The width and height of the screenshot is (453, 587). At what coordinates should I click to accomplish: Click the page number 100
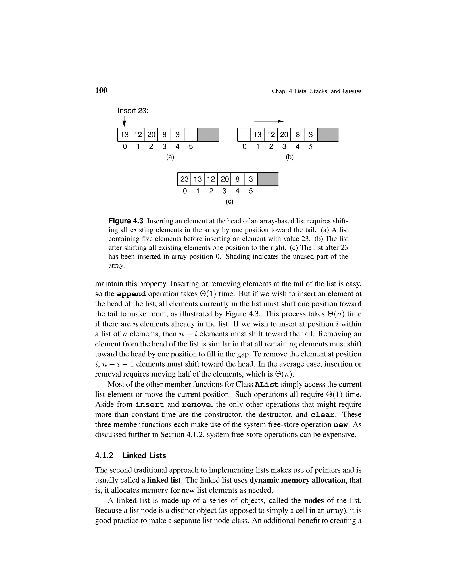tap(101, 91)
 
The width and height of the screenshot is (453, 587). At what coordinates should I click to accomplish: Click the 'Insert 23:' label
tap(133, 111)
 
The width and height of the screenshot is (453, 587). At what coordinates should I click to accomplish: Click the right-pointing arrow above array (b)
tap(269, 121)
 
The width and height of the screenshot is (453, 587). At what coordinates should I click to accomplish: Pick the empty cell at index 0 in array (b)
tap(244, 135)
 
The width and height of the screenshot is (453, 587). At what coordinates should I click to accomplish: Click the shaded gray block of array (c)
tap(268, 179)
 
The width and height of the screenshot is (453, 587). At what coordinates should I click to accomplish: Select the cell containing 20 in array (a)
tap(151, 135)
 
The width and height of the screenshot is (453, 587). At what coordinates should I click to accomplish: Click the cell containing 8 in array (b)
tap(297, 135)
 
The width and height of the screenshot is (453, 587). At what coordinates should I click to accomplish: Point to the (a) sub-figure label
tap(170, 157)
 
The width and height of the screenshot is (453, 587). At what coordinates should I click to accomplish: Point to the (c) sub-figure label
tap(229, 202)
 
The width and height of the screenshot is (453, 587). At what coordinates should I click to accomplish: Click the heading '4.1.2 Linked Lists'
tap(131, 455)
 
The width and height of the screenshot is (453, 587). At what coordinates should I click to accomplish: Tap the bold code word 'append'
tap(132, 294)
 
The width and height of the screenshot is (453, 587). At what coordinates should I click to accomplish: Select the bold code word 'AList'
tap(267, 385)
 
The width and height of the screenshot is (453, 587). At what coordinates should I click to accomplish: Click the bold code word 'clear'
tap(322, 415)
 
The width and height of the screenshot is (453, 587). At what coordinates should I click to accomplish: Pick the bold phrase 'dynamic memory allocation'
tap(297, 480)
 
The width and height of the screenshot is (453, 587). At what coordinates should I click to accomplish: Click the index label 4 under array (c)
tap(237, 191)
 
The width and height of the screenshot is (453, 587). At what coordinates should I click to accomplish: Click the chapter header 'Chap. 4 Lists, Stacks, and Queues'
tap(316, 91)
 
